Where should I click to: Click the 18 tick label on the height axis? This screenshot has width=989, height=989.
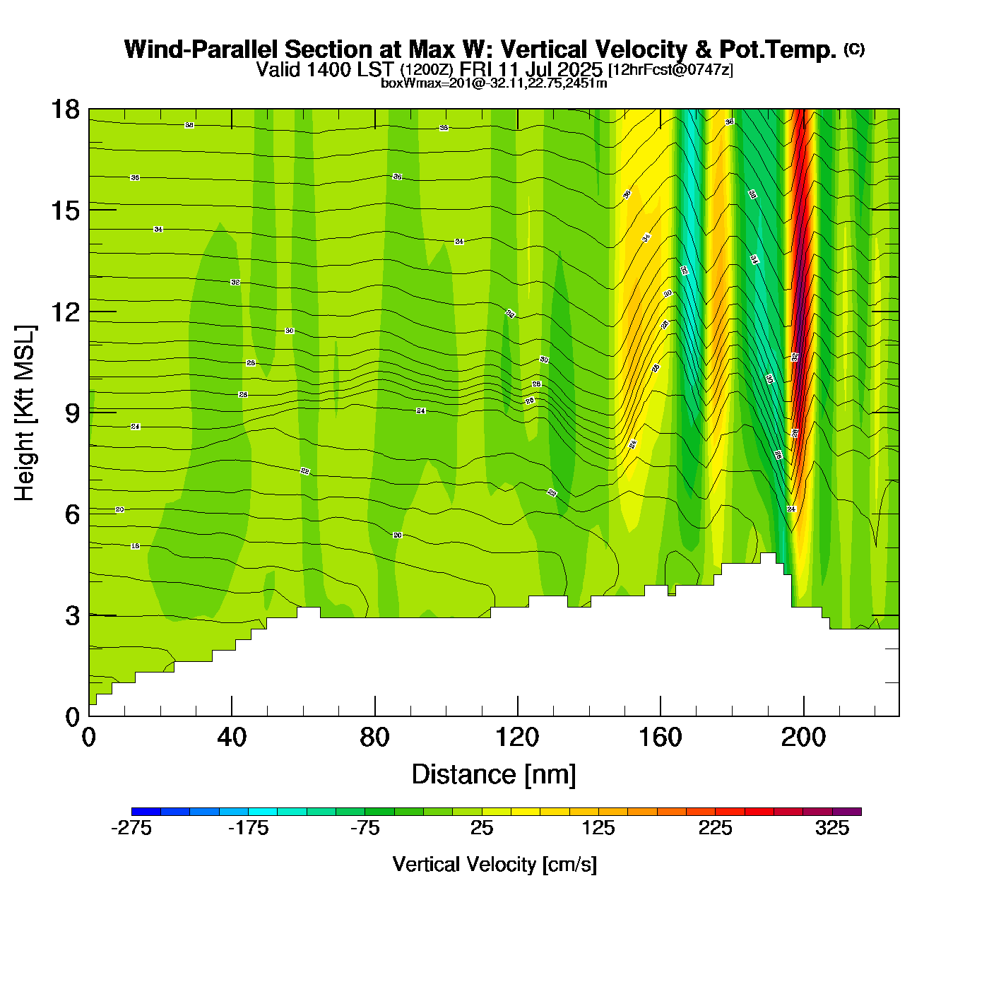[64, 109]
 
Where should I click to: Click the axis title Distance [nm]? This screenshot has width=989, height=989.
[494, 775]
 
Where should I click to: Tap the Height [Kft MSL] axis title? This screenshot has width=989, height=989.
[25, 413]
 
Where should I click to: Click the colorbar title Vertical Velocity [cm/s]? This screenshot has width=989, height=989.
[494, 865]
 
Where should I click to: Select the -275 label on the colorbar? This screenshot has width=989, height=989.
[131, 829]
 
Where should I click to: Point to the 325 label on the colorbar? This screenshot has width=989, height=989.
[832, 829]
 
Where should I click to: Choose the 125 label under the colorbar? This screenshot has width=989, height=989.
[598, 829]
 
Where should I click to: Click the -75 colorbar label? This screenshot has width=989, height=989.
[365, 829]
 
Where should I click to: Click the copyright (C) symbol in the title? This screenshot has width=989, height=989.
[854, 49]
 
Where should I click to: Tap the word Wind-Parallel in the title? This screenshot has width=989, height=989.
[201, 49]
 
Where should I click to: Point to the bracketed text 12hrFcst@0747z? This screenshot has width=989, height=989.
[670, 70]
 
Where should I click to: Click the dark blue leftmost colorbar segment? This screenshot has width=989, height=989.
[146, 812]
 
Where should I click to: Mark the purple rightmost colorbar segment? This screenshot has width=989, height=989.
[847, 812]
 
